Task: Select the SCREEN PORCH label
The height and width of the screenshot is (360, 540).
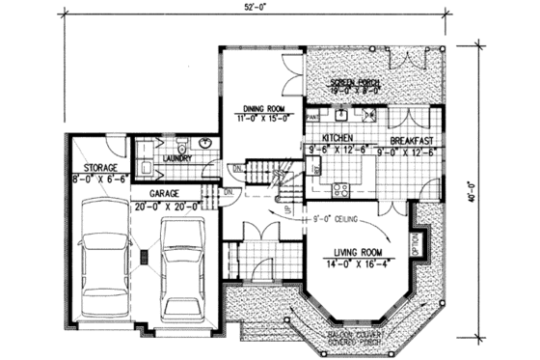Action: [355, 83]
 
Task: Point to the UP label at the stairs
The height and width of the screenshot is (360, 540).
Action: [287, 207]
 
